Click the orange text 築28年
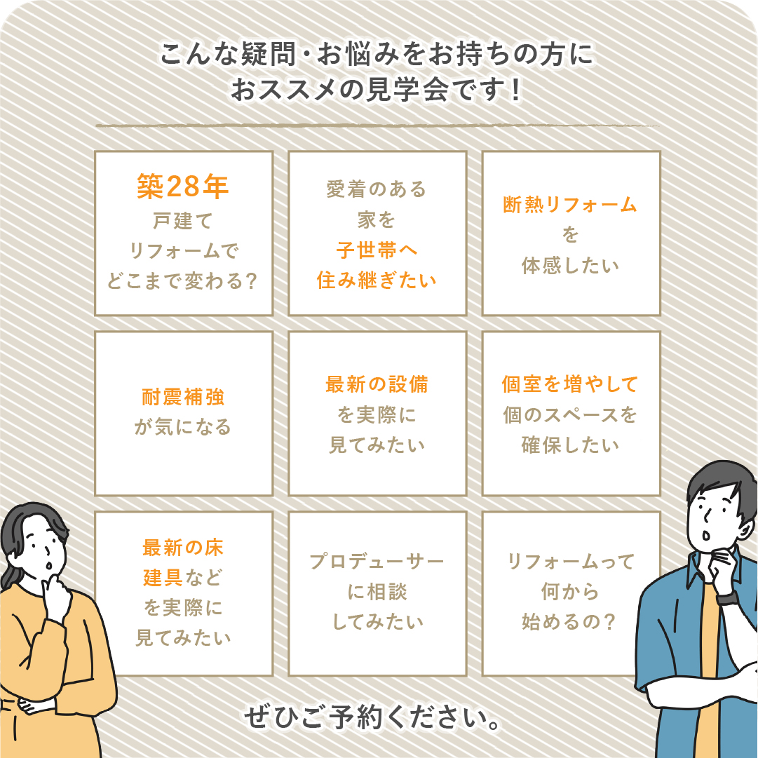click(x=182, y=186)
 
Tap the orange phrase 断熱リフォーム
click(x=571, y=205)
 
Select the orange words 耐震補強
click(x=183, y=397)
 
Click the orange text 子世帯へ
click(x=377, y=250)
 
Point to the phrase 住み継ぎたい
click(x=377, y=280)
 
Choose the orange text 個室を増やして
click(x=571, y=384)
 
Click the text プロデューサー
click(x=377, y=562)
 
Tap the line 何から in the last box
click(x=571, y=592)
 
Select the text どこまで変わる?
click(x=182, y=281)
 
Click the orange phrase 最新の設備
click(x=377, y=384)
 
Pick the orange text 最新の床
click(x=183, y=548)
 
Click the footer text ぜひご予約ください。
click(x=372, y=717)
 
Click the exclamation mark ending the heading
click(x=516, y=90)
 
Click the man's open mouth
click(x=706, y=536)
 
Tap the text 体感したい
click(x=571, y=266)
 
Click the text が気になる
click(x=183, y=427)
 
